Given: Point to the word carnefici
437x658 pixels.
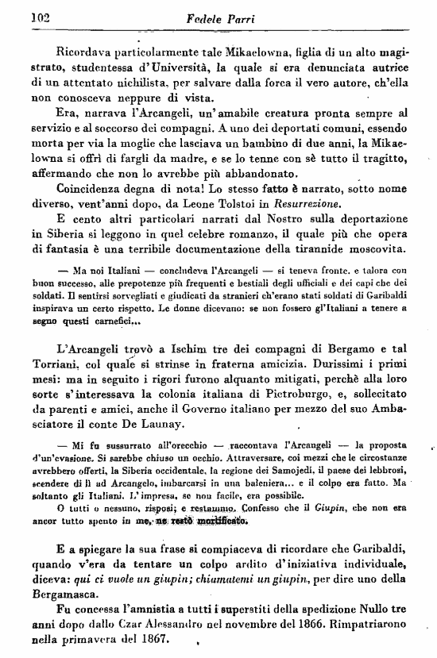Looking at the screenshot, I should (x=116, y=322).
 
